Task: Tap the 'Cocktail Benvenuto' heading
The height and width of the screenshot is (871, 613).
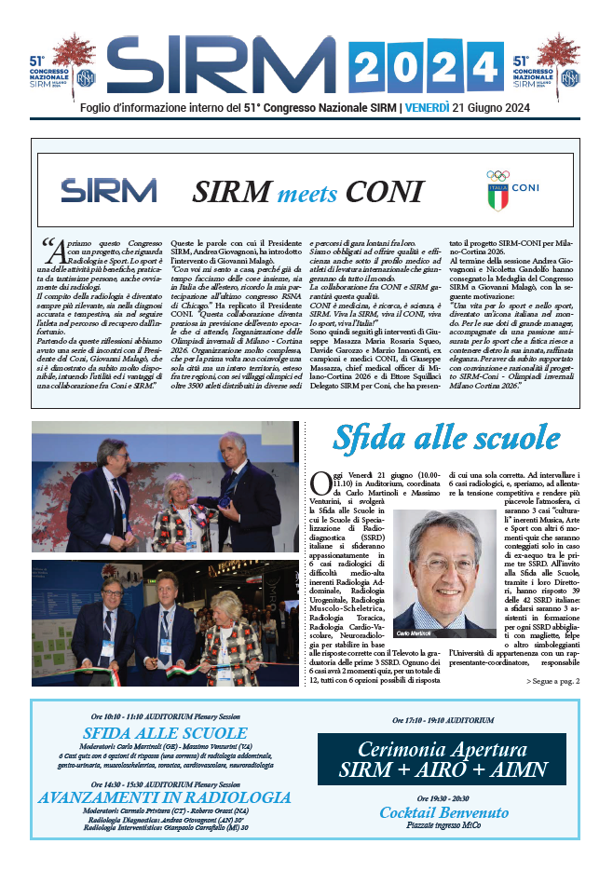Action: pyautogui.click(x=443, y=812)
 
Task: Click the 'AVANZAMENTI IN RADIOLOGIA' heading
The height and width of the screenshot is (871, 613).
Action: pyautogui.click(x=165, y=797)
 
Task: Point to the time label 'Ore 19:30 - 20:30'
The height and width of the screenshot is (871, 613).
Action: pyautogui.click(x=443, y=798)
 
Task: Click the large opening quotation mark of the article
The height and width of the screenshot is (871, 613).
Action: pyautogui.click(x=50, y=248)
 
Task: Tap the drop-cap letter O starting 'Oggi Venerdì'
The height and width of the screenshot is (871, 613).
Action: pyautogui.click(x=319, y=482)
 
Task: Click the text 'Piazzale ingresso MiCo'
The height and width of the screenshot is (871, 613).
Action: pyautogui.click(x=443, y=825)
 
